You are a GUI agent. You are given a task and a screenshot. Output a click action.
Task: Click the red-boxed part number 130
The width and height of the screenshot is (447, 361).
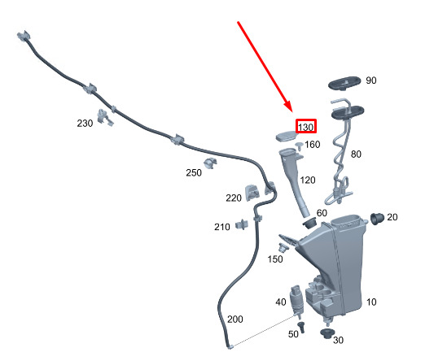pos(306,127)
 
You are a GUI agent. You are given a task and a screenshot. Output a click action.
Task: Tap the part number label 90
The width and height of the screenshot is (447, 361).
pos(371,80)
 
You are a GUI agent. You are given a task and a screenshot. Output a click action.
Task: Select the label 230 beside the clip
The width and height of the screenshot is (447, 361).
pos(85,124)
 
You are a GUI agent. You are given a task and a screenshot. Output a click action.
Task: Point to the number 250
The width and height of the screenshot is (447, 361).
pos(194,172)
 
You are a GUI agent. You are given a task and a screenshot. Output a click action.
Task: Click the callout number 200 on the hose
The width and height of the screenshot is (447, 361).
pos(235,320)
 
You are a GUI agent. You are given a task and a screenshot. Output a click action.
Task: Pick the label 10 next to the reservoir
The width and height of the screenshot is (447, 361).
pos(371,302)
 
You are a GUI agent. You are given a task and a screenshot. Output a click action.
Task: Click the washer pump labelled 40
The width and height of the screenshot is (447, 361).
pos(296,302)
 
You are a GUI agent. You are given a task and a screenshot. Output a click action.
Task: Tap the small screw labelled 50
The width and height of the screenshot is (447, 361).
pos(301,327)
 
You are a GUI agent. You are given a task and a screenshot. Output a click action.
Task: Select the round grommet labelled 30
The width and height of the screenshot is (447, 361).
pos(327,333)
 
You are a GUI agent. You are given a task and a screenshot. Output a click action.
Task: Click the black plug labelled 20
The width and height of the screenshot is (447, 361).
pos(377,218)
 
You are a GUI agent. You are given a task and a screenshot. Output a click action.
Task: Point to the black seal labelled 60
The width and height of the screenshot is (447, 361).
pos(309,223)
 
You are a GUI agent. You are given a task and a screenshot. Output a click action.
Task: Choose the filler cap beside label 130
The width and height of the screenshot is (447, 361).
pos(287,136)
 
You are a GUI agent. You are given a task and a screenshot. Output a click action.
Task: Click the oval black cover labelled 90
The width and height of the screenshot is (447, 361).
pos(344,84)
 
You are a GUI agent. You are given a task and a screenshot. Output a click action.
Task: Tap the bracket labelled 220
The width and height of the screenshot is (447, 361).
pos(252,193)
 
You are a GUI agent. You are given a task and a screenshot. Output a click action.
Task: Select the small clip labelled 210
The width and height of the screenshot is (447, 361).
pos(242,225)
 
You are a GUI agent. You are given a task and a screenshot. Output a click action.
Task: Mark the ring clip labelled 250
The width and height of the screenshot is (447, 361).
pos(210,163)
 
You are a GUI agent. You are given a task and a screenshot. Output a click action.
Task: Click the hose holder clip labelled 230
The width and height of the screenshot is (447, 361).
pos(105,117)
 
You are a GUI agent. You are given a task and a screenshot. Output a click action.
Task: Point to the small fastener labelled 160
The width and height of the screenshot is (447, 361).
pos(300,146)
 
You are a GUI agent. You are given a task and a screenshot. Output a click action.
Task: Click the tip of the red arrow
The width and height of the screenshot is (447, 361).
pos(292,111)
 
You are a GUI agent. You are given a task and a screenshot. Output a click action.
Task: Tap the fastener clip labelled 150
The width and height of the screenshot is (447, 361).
pos(283,247)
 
